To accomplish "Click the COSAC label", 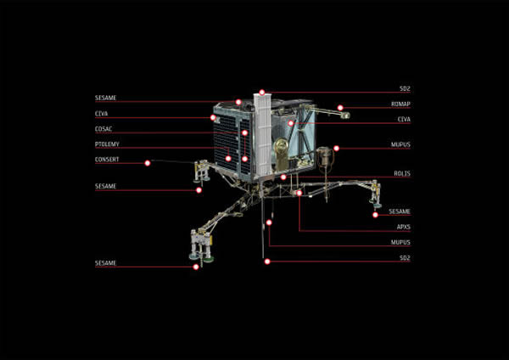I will tap(103, 129).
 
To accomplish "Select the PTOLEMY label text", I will tap(107, 144).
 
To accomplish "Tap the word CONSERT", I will tap(107, 160).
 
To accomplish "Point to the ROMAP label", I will tap(400, 104).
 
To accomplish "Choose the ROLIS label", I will tap(401, 173).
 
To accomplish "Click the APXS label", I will tap(402, 227).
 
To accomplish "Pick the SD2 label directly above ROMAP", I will tap(405, 89).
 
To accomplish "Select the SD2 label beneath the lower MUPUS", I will tap(405, 258).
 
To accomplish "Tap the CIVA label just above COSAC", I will tap(101, 114).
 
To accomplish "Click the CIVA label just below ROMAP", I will tap(403, 120).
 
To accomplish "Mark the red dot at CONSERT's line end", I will tap(148, 162).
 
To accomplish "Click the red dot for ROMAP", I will tap(340, 108).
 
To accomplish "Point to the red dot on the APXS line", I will tap(299, 194).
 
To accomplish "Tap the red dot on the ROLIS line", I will tap(283, 177).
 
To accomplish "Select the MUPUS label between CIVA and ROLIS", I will tap(400, 145).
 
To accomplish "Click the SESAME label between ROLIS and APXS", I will tap(400, 211).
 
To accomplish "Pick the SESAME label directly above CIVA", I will tap(105, 98).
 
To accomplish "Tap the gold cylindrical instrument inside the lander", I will tap(282, 153).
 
